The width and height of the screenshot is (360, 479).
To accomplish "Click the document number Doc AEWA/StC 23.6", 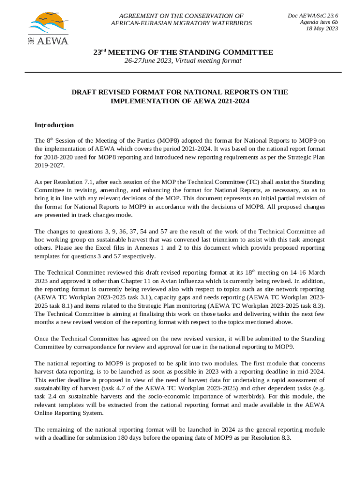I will click(x=313, y=15).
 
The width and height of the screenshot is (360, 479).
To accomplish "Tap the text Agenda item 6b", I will click(x=319, y=22).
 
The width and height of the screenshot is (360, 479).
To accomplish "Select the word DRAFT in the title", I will click(x=83, y=92).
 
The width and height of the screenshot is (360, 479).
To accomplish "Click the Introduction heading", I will click(x=54, y=125).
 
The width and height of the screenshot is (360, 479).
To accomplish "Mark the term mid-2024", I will click(x=309, y=371).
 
